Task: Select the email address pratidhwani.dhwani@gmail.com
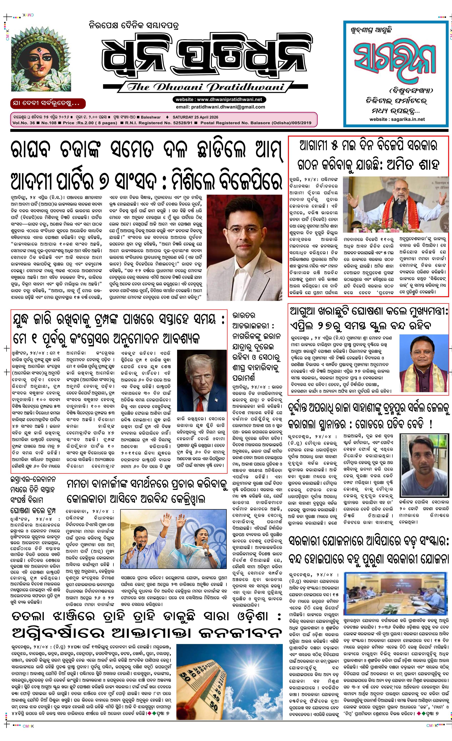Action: (220, 107)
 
